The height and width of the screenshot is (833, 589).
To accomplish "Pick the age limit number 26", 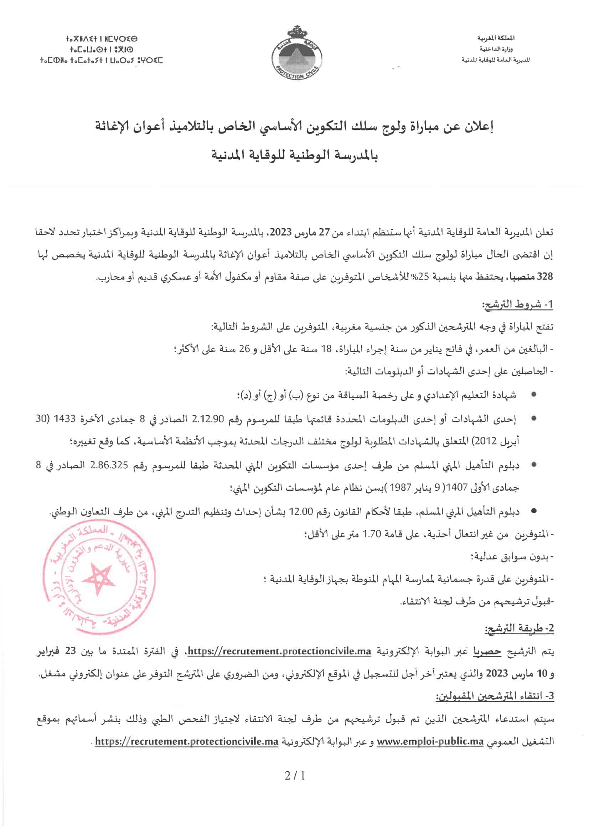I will pyautogui.click(x=244, y=349).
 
